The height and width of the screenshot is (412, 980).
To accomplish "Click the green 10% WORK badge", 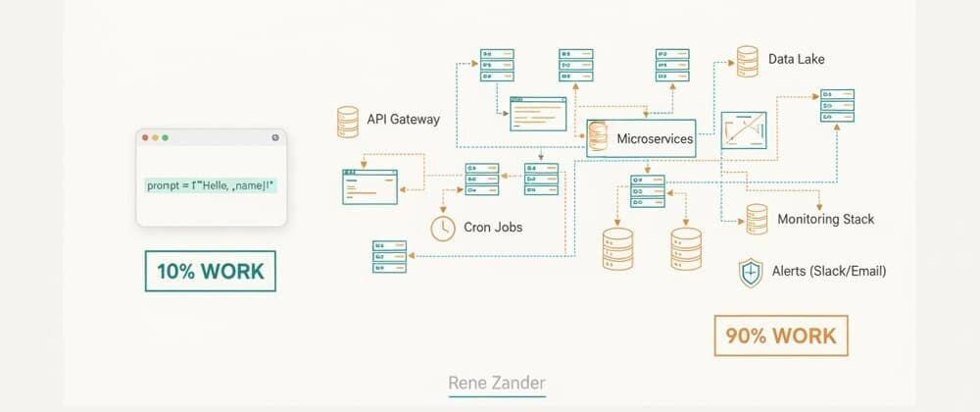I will pos(211,271).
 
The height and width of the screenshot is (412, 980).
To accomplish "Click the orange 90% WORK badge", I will pos(780,335).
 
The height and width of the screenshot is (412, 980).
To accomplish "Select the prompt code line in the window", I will pos(211,184).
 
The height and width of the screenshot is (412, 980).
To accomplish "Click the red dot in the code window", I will pos(146,138).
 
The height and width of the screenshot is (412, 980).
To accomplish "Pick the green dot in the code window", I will pos(166,138).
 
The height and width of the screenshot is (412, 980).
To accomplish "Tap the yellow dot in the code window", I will pos(156,138).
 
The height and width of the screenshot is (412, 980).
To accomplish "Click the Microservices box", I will pos(641,138).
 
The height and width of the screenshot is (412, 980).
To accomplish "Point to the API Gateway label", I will pos(403,120).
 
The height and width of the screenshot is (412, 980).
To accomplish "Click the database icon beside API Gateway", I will pos(347,122).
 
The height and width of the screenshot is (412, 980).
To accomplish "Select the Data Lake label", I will pos(796,59).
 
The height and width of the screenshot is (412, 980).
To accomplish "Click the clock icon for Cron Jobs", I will pos(443,228).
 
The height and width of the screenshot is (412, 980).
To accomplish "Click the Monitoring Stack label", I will pos(825,219).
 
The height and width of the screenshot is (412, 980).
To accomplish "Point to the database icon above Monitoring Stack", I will pos(757,218).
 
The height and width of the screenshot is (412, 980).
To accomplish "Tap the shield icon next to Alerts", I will pos(751,273).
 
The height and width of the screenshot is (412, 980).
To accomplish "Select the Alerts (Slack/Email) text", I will pos(829,271).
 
